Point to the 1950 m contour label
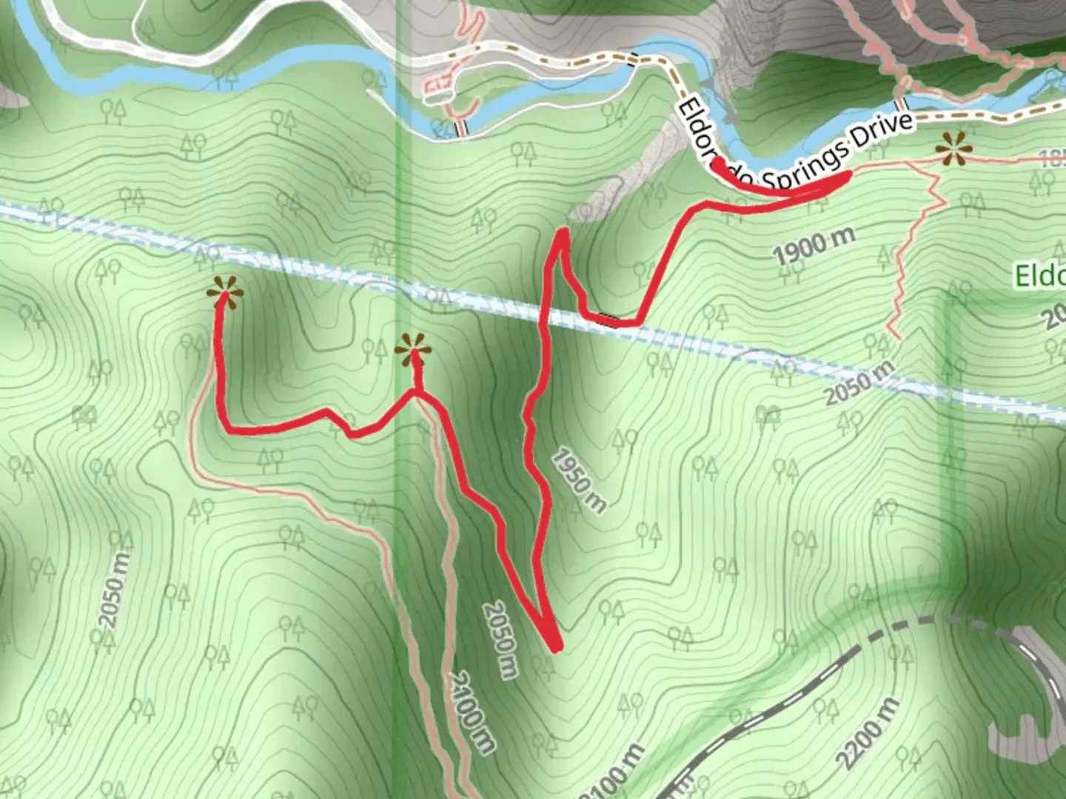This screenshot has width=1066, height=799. click(578, 480)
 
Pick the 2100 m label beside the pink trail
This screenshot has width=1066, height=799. click(471, 712)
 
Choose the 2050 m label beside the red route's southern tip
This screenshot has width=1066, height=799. click(500, 639)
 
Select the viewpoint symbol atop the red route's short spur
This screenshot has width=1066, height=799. click(412, 351)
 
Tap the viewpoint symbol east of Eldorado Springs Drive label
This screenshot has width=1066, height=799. click(953, 150)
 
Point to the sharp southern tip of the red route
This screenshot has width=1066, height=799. click(556, 648)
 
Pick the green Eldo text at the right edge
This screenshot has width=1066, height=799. click(1039, 276)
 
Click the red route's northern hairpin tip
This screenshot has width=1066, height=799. click(563, 233)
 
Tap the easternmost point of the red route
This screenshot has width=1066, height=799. click(848, 175)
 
